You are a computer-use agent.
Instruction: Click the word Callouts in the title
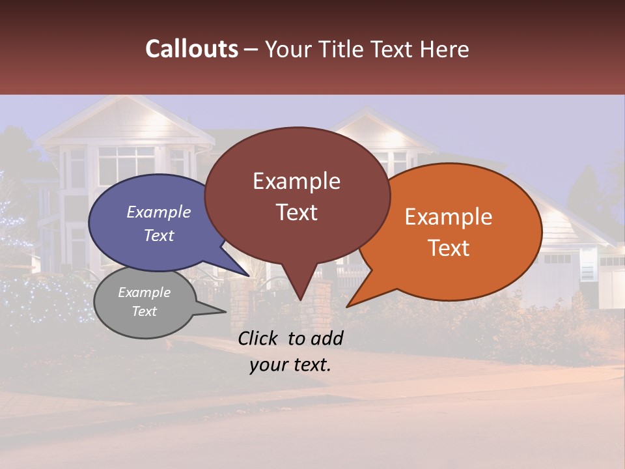click(191, 49)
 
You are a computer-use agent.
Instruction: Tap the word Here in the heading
click(445, 49)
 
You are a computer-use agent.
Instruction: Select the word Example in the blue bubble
click(158, 212)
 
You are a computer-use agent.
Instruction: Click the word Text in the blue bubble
click(158, 235)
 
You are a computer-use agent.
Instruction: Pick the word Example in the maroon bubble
click(296, 181)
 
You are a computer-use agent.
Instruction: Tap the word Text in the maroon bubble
click(296, 212)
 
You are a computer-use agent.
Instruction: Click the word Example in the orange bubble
click(449, 217)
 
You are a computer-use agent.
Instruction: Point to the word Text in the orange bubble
click(449, 248)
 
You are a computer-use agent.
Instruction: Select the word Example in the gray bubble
click(144, 292)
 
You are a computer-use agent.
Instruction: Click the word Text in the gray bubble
click(144, 311)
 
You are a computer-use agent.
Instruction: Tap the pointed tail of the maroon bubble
click(299, 296)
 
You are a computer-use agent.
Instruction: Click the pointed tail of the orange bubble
click(350, 304)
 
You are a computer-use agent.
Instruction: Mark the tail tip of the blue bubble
click(248, 276)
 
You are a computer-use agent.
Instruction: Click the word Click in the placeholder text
click(259, 338)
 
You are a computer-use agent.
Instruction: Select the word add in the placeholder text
click(327, 338)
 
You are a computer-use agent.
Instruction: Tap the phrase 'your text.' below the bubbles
click(290, 365)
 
